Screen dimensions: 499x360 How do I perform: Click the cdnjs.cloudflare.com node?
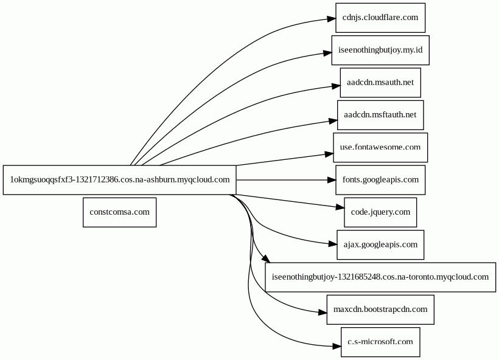(380, 18)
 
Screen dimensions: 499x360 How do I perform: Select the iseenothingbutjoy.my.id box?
(380, 50)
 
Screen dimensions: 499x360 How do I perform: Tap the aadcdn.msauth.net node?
(380, 83)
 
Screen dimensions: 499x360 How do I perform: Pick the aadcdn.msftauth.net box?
(380, 115)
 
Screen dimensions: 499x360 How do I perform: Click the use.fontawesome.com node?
(380, 148)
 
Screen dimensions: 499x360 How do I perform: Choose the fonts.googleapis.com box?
(380, 180)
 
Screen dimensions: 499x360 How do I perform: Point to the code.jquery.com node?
(380, 212)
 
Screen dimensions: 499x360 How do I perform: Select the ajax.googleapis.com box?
(380, 245)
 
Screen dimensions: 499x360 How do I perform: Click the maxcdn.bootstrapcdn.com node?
(380, 310)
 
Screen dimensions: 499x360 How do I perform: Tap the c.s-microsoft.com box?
(380, 342)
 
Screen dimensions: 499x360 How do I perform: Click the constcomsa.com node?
(120, 212)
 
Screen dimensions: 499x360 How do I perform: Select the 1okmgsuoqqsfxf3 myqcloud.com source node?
(120, 180)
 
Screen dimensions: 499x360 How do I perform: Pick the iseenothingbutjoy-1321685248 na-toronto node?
(380, 277)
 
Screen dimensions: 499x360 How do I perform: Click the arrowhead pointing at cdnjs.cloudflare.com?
(331, 19)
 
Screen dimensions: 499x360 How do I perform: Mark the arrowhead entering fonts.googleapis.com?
(332, 180)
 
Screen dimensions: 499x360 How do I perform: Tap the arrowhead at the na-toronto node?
(266, 258)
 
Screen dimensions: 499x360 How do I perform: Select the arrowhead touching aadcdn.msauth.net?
(336, 86)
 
